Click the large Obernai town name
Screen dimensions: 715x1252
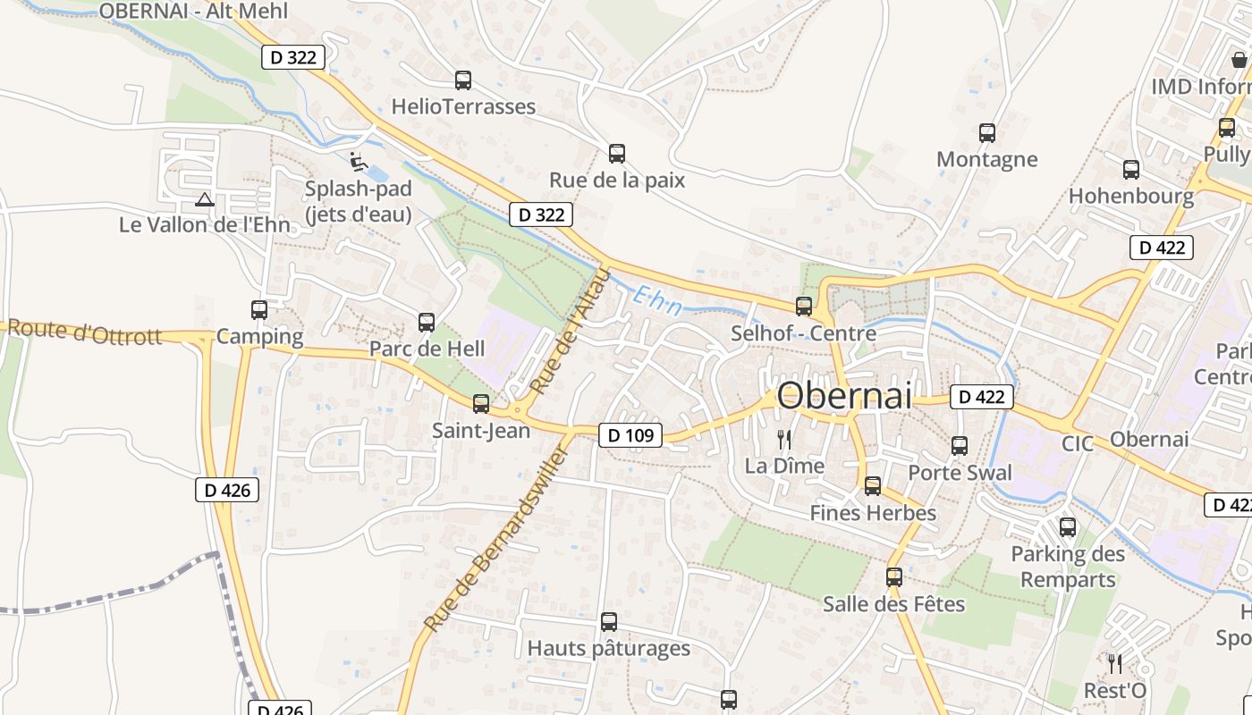(844, 396)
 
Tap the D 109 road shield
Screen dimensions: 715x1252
(630, 435)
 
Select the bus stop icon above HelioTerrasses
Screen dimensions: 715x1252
(462, 80)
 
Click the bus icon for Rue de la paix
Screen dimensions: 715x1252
(616, 154)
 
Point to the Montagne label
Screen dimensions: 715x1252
(986, 160)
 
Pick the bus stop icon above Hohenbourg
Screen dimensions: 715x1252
(1130, 170)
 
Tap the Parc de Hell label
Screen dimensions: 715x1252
(427, 349)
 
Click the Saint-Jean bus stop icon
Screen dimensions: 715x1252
(481, 404)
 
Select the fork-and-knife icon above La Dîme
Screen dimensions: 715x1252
(784, 439)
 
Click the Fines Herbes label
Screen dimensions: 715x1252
(872, 513)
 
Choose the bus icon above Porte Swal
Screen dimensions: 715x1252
(960, 445)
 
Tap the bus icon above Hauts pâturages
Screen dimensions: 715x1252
(608, 622)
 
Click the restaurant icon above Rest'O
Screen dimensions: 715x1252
(1114, 663)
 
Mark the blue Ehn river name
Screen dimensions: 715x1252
(656, 301)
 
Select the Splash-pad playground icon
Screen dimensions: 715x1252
(358, 162)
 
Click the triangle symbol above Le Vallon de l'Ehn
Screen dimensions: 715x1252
(205, 199)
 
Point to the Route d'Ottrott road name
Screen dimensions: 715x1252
(85, 332)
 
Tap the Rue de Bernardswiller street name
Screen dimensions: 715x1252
(496, 540)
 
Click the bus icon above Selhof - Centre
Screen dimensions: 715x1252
(803, 307)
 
